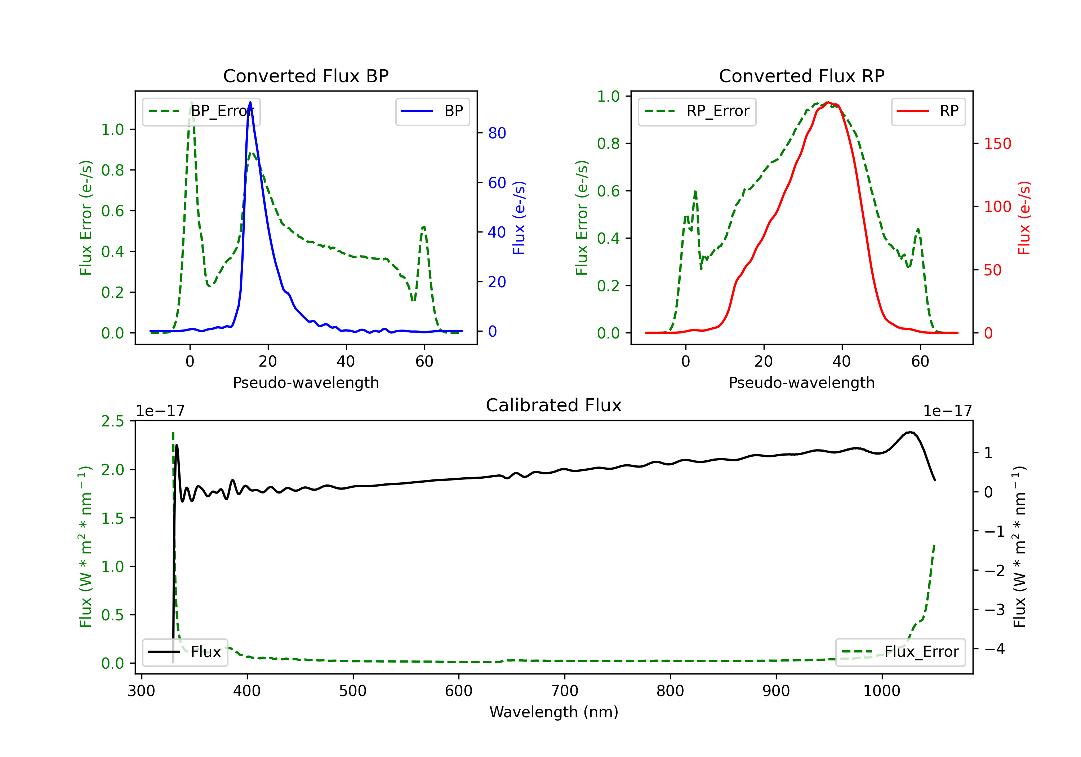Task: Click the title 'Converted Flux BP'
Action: tap(306, 76)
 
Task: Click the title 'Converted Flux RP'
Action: tap(801, 76)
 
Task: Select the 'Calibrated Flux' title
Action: tap(554, 405)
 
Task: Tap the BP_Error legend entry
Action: tap(201, 111)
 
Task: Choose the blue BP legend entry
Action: tap(432, 111)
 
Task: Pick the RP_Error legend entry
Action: tap(697, 111)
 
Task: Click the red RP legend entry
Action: tap(928, 111)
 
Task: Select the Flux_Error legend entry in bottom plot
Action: tap(900, 652)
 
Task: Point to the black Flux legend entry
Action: tap(184, 652)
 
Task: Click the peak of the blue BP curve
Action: tap(250, 102)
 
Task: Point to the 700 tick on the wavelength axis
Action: tap(565, 691)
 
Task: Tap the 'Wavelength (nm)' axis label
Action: tap(554, 712)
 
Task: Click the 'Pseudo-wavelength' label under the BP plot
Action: tap(306, 382)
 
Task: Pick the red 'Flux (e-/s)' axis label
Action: tap(1024, 218)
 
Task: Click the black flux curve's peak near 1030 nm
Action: tap(911, 432)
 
